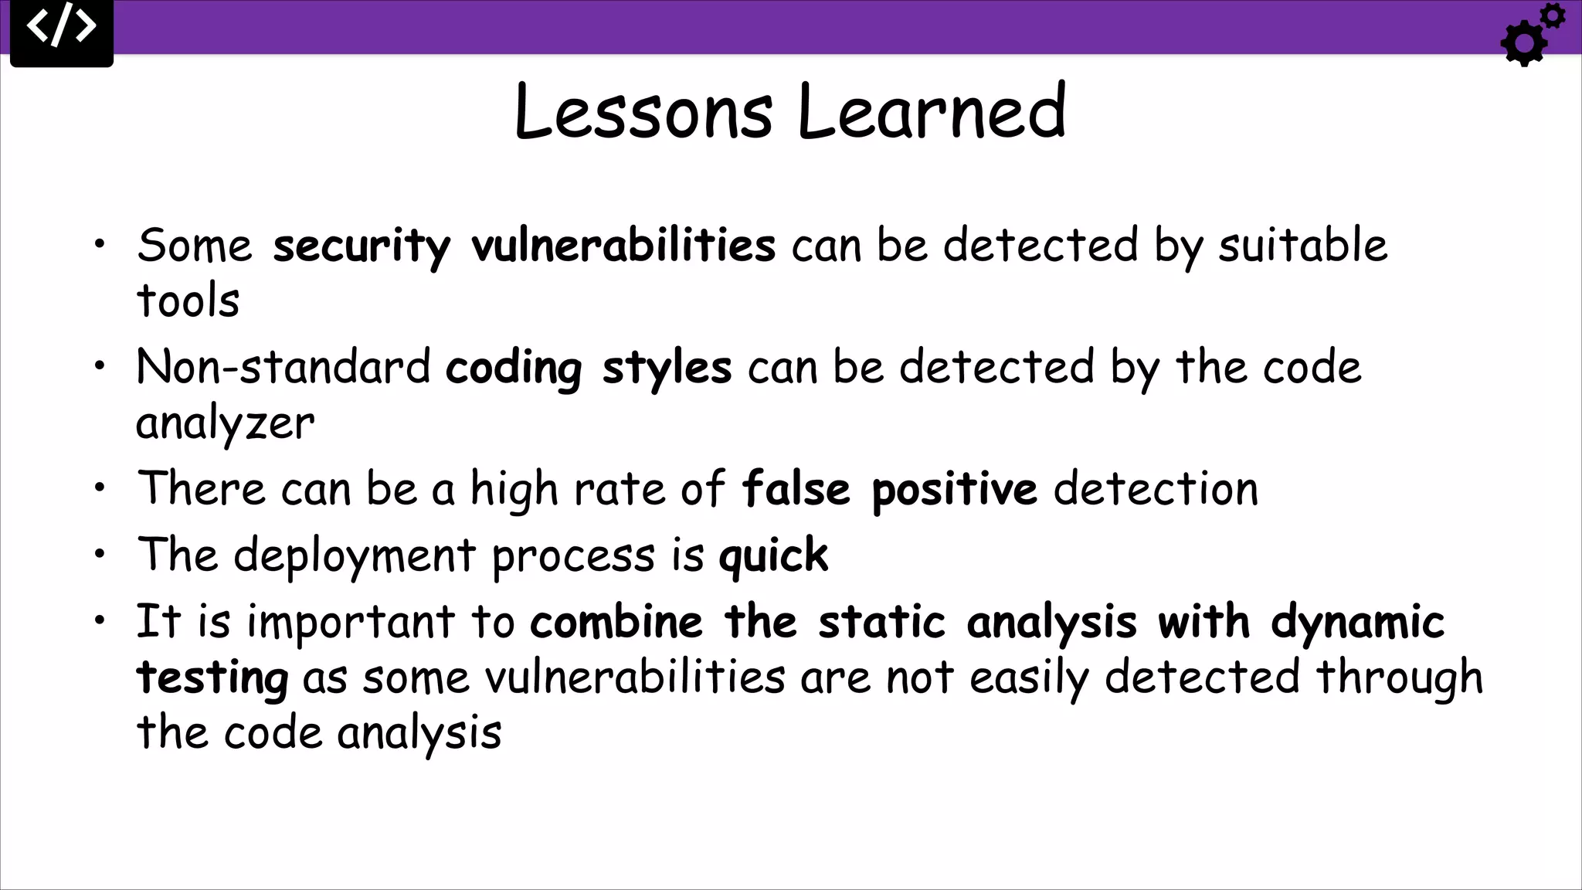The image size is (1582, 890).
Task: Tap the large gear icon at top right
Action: (1524, 43)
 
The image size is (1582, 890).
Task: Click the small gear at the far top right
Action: (1552, 16)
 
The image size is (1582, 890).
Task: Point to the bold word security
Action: (361, 246)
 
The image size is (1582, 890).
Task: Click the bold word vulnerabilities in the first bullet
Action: (623, 246)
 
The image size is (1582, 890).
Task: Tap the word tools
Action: (188, 301)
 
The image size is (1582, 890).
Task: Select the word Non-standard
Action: (283, 367)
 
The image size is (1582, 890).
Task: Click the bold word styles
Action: (666, 367)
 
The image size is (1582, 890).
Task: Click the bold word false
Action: (795, 489)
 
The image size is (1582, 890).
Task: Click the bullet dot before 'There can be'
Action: (100, 488)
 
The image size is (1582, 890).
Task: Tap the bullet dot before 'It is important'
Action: (100, 621)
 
